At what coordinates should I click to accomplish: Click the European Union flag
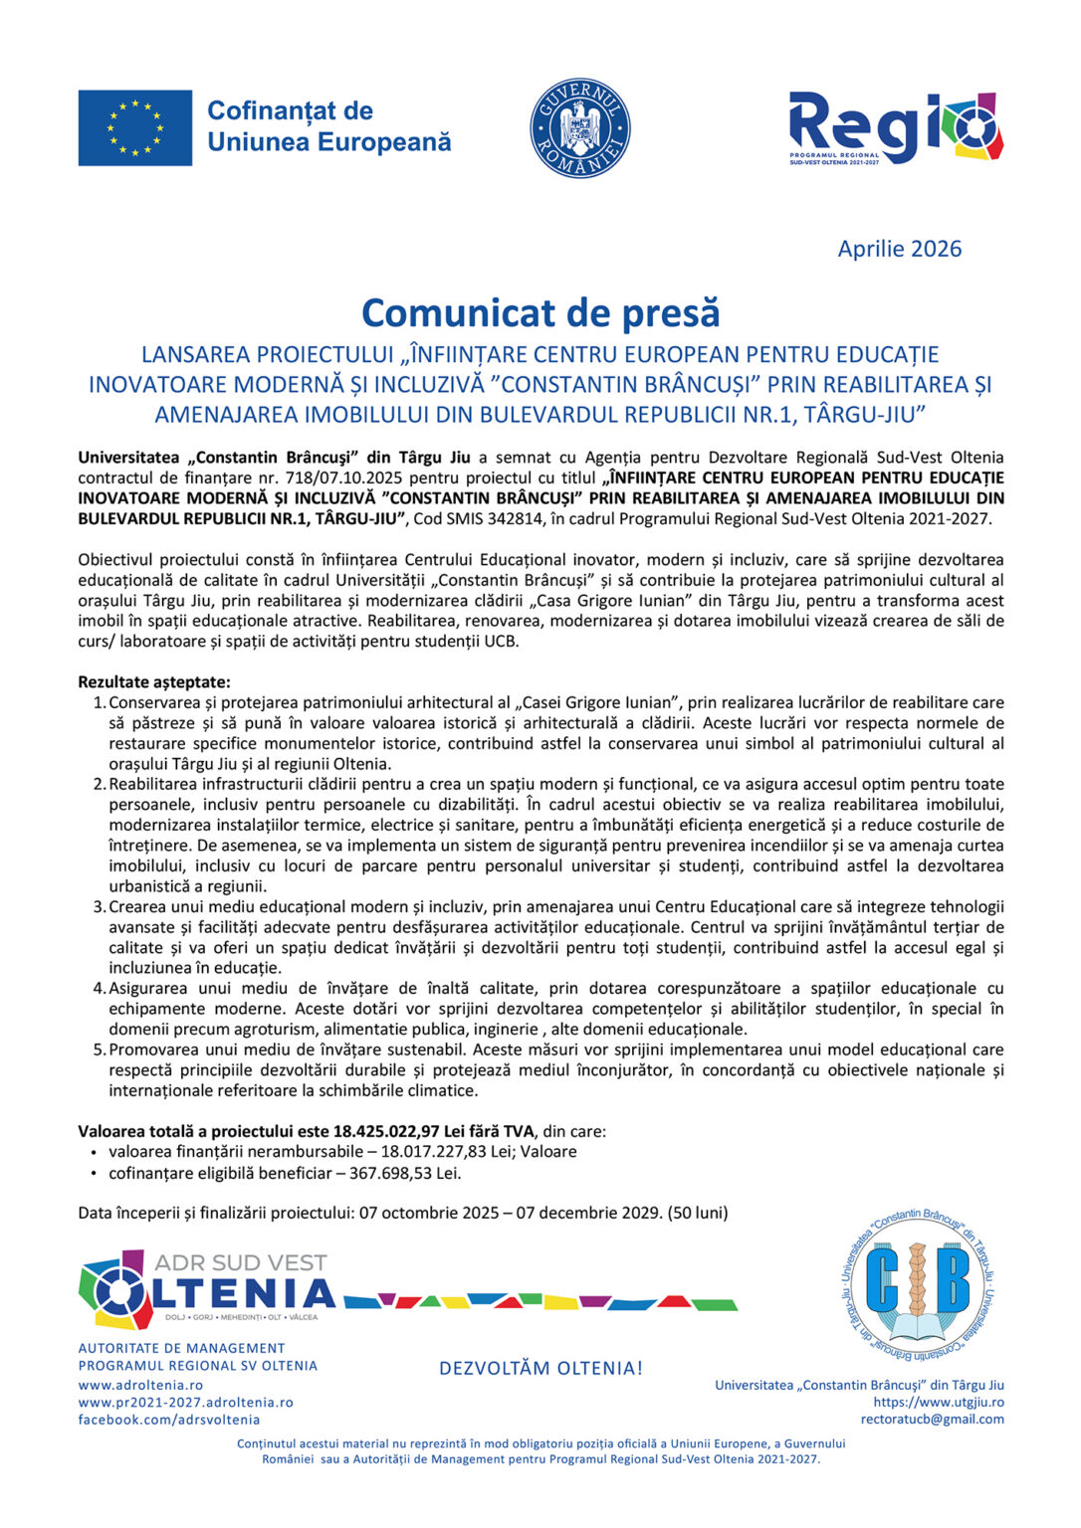coord(135,127)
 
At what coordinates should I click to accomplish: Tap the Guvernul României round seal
coord(579,128)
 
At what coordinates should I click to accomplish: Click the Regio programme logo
coord(895,128)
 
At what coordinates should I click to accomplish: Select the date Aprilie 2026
coord(899,249)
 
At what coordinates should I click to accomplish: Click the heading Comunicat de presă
coord(540,312)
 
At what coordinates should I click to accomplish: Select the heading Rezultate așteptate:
coord(154,681)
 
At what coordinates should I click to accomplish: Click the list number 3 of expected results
coord(99,906)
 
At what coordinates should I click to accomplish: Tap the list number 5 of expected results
coord(99,1050)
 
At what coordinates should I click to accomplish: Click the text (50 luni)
coord(698,1213)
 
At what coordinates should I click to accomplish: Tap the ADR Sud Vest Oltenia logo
coord(207,1289)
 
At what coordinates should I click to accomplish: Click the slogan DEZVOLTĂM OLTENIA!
coord(540,1369)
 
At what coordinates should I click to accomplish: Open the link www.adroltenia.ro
coord(140,1385)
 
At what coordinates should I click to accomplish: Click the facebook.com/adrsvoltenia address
coord(169,1420)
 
